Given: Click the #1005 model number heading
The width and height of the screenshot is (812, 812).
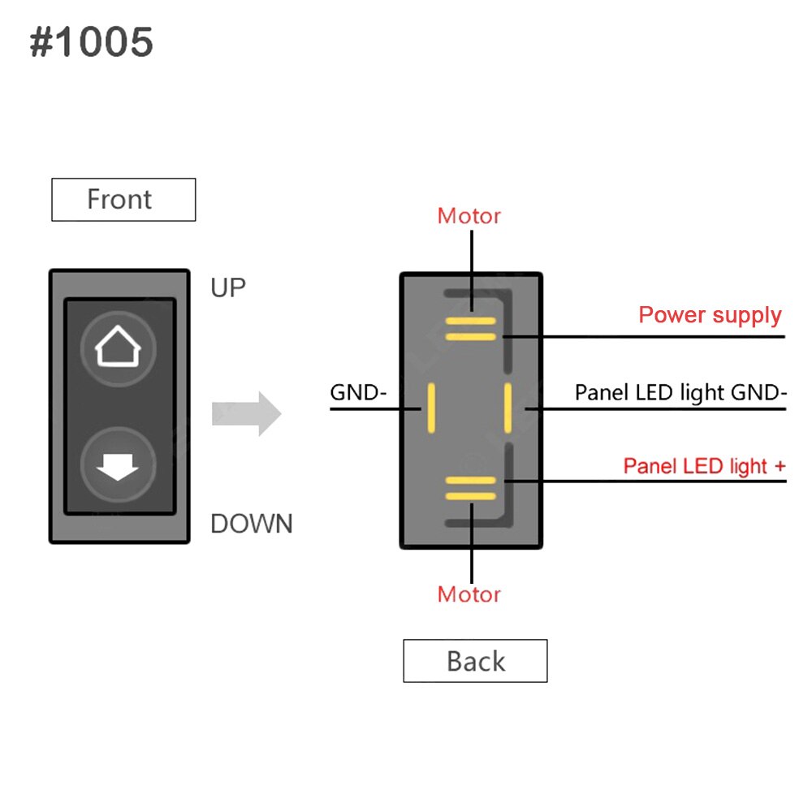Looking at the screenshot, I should click(x=91, y=42).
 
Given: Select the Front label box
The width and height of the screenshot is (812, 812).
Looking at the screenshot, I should click(x=123, y=200).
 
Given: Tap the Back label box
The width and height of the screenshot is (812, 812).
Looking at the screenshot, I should click(x=475, y=661).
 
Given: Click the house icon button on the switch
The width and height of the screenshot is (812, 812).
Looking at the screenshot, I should click(x=119, y=349).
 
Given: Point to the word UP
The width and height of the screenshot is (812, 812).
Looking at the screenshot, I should click(x=227, y=288).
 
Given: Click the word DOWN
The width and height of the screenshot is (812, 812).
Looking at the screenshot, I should click(x=251, y=524).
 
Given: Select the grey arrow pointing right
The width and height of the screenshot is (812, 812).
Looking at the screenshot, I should click(x=246, y=413).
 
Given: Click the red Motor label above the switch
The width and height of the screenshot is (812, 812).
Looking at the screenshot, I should click(x=469, y=216).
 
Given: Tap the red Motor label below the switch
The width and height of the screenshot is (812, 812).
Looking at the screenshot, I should click(x=469, y=594).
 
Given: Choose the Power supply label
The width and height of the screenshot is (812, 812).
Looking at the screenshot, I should click(x=710, y=315).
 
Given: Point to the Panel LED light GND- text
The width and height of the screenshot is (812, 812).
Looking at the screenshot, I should click(x=680, y=393).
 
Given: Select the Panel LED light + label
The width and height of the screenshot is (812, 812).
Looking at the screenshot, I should click(x=704, y=466).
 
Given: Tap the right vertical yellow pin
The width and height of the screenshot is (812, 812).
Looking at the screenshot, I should click(x=508, y=408).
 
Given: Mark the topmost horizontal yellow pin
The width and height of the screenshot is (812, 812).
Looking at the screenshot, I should click(x=470, y=321).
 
